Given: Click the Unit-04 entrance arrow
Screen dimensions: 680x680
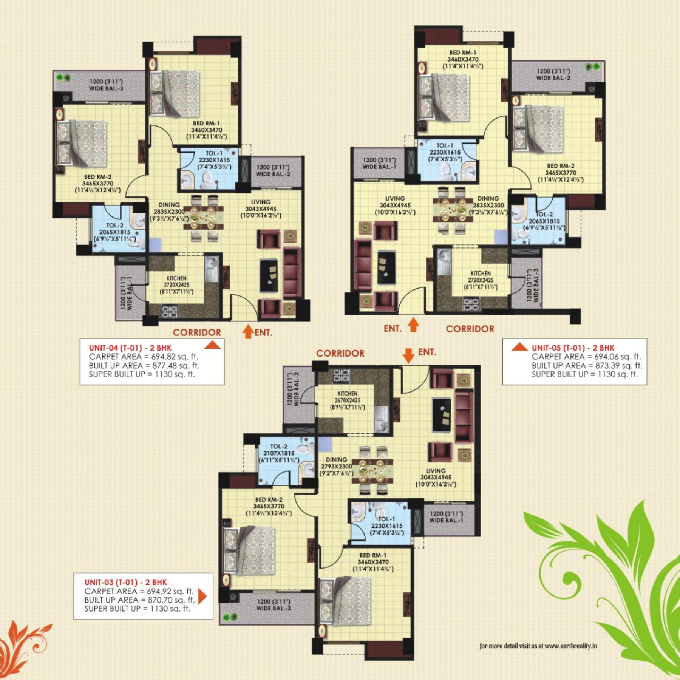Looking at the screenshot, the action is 248,331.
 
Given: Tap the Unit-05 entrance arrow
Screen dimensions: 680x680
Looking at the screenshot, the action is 414,325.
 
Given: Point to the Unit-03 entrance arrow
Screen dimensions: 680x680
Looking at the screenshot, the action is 408,355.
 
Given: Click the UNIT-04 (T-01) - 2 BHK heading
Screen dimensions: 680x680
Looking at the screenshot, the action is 130,348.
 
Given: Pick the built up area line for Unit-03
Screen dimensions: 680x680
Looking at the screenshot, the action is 139,600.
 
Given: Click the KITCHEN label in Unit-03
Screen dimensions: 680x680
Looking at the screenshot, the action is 347,393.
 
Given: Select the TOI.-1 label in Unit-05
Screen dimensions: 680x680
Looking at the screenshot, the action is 445,145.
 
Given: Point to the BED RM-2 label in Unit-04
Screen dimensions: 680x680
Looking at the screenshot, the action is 98,177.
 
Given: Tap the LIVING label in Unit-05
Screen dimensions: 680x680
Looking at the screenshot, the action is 395,198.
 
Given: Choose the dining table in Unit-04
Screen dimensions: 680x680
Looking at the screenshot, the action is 203,217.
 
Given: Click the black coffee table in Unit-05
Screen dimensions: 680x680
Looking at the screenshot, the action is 386,267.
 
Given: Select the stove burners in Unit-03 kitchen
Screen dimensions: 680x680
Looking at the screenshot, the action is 341,376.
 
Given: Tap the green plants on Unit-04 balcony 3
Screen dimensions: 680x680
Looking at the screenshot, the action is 63,77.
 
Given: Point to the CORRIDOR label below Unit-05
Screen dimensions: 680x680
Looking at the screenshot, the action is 470,329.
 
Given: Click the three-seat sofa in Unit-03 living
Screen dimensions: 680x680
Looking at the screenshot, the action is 464,416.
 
